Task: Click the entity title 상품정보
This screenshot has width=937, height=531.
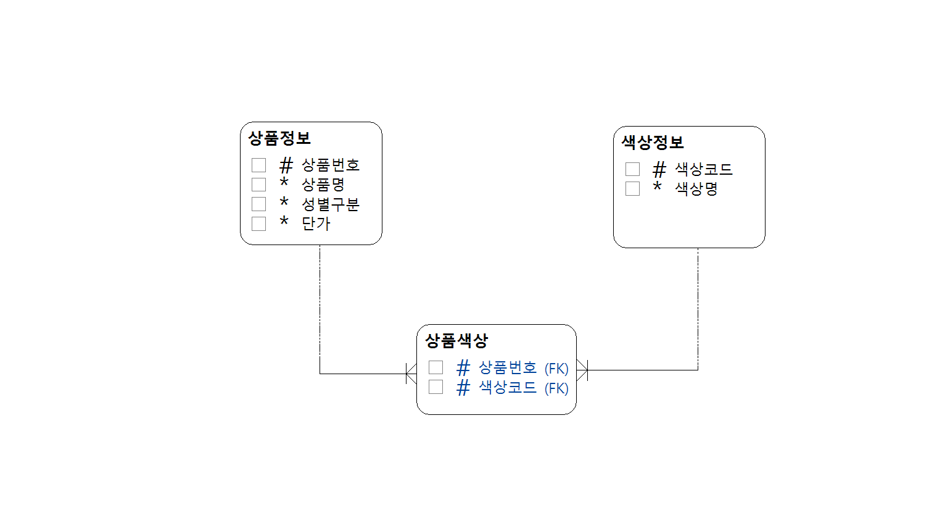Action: pyautogui.click(x=279, y=138)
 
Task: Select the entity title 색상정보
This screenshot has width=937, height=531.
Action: pyautogui.click(x=653, y=143)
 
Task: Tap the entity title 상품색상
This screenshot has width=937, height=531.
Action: pyautogui.click(x=456, y=340)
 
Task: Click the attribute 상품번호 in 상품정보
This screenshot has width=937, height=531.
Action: pyautogui.click(x=330, y=165)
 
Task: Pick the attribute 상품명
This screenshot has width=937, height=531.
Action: pyautogui.click(x=323, y=185)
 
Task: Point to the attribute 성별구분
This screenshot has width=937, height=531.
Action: pyautogui.click(x=330, y=204)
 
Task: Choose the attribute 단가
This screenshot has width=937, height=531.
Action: pyautogui.click(x=316, y=224)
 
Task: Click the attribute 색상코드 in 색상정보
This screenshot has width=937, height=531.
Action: pyautogui.click(x=703, y=169)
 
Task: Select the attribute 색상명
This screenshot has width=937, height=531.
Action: pyautogui.click(x=696, y=189)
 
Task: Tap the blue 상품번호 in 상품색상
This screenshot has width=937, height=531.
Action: pyautogui.click(x=508, y=368)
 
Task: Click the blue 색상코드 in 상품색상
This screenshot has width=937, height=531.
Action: pyautogui.click(x=508, y=388)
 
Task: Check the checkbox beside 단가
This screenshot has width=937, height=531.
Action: pyautogui.click(x=259, y=224)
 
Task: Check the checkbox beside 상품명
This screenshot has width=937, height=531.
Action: pyautogui.click(x=259, y=185)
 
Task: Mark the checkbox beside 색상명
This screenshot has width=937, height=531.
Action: pyautogui.click(x=633, y=189)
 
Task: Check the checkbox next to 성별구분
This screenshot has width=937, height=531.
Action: pyautogui.click(x=259, y=204)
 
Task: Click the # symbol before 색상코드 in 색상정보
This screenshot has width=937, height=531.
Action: pyautogui.click(x=659, y=169)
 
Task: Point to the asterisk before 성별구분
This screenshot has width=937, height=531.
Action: pyautogui.click(x=284, y=202)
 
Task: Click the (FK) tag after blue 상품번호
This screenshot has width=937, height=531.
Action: pyautogui.click(x=556, y=369)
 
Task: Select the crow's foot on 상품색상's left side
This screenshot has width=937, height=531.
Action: pyautogui.click(x=411, y=374)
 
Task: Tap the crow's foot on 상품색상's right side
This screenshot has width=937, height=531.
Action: pyautogui.click(x=582, y=370)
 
